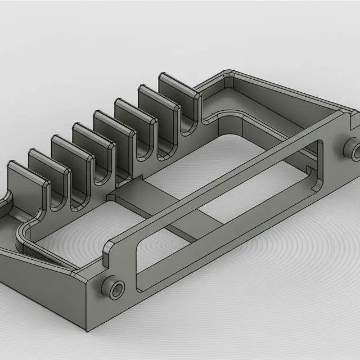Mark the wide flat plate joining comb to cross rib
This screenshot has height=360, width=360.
click(135, 194)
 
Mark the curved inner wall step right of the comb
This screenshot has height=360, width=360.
click(225, 115)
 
